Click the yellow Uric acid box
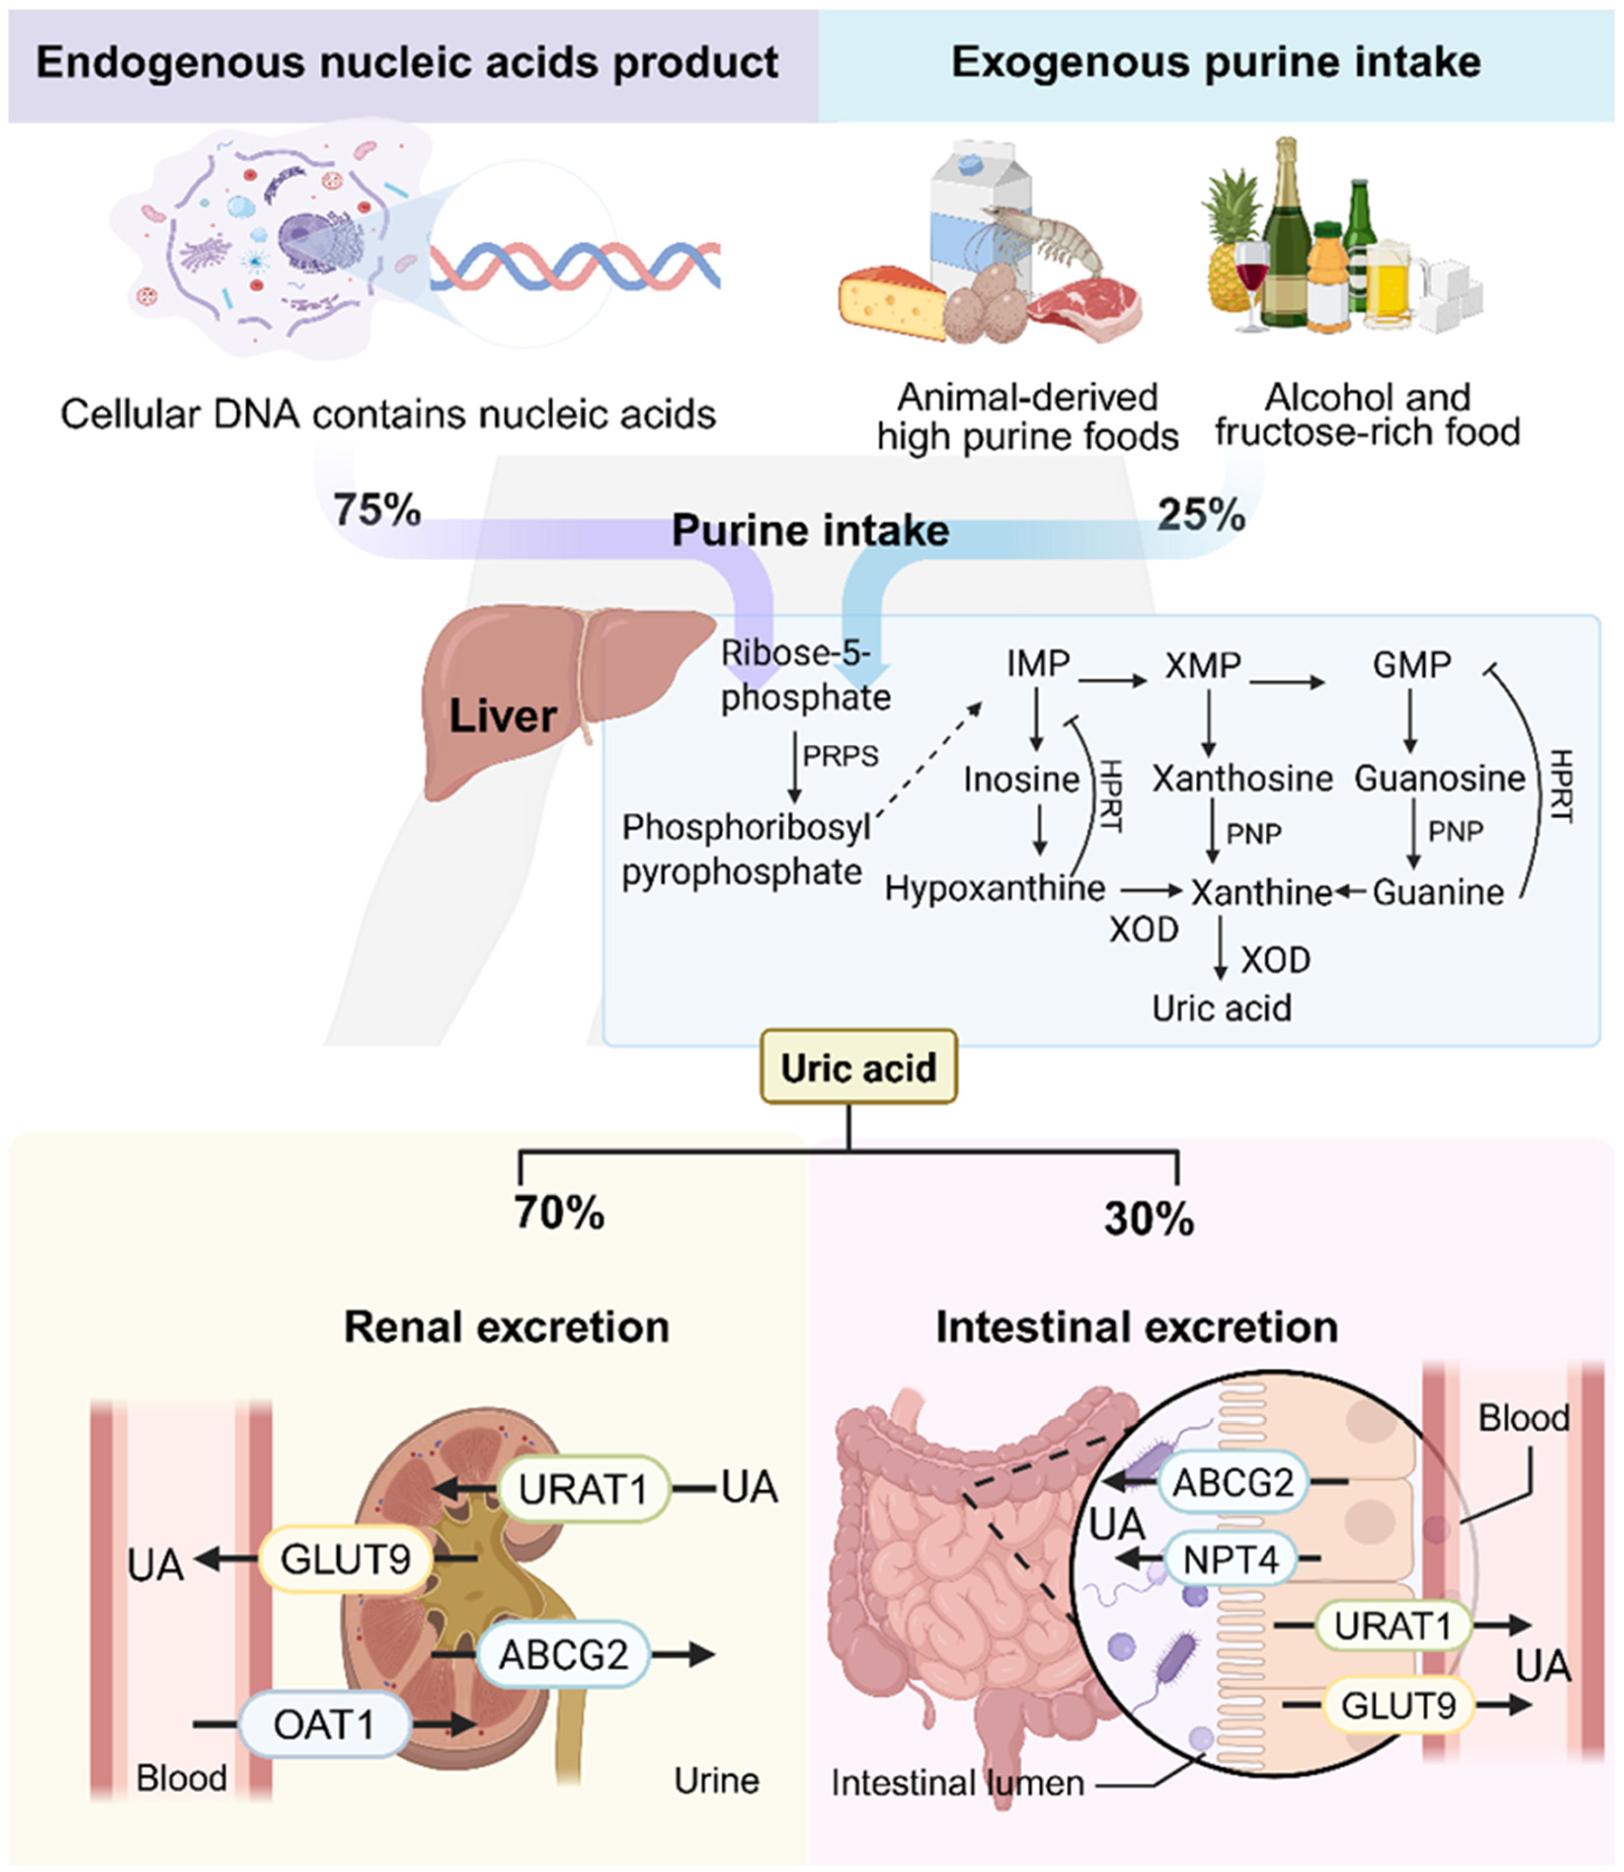pyautogui.click(x=858, y=1067)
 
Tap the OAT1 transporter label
pyautogui.click(x=324, y=1724)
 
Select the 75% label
pyautogui.click(x=376, y=510)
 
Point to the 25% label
pyautogui.click(x=1201, y=515)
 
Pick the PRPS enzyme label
pyautogui.click(x=840, y=756)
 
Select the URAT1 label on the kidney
pyautogui.click(x=583, y=1488)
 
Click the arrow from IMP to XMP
pyautogui.click(x=1112, y=679)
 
